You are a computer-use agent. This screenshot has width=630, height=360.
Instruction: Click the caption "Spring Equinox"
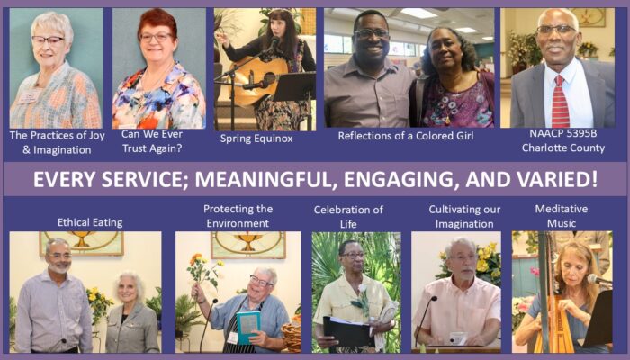[256, 139]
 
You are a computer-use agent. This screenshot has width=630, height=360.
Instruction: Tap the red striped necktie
[560, 102]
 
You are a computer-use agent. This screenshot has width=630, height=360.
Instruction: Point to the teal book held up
[248, 327]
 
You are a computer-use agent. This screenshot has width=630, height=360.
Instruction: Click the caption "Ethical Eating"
[90, 222]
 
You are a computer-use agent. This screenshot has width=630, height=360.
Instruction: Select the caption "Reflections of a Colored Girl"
[406, 136]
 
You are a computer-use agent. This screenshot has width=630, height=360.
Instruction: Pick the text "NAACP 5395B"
[562, 133]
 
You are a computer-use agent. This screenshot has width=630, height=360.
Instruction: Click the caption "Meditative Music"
[562, 216]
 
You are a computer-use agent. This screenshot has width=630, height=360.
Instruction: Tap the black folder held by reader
[346, 333]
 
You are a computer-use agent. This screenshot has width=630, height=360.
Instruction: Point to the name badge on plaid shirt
[27, 97]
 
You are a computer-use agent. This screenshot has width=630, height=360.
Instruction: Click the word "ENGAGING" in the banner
[401, 179]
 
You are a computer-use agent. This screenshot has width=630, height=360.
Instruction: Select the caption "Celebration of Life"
[348, 217]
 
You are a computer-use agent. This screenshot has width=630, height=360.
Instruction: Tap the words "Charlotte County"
[562, 148]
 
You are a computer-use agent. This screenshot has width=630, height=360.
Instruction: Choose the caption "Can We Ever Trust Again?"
[152, 141]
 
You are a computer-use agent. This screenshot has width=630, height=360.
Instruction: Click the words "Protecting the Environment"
[238, 216]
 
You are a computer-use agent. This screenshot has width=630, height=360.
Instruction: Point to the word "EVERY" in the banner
[64, 179]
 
